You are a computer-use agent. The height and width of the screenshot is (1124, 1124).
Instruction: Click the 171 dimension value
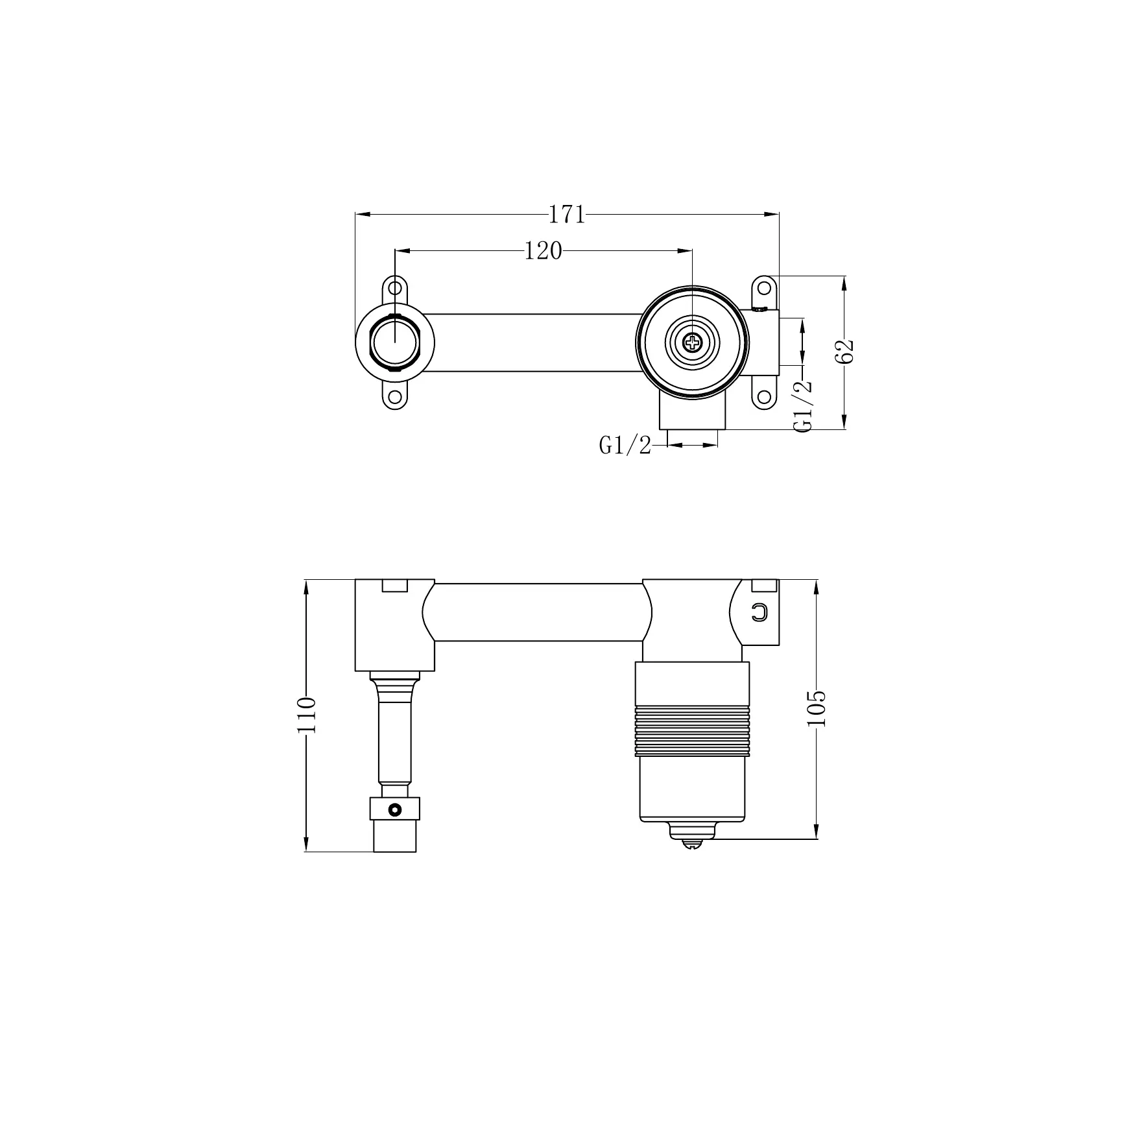point(567,214)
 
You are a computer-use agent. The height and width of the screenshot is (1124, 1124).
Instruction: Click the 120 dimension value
point(543,251)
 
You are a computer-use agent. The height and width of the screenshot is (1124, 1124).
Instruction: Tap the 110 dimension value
point(306,715)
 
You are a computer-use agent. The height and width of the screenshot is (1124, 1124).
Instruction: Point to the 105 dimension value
point(818,708)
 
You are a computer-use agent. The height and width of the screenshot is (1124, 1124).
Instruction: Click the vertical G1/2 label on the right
point(803,406)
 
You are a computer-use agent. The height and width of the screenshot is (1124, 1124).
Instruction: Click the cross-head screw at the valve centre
point(693,342)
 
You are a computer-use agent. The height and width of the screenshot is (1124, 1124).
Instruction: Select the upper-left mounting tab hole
point(394,288)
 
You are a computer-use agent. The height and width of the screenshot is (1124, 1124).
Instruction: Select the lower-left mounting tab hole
point(394,397)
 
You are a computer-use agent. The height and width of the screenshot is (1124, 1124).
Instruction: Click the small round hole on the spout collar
point(393,809)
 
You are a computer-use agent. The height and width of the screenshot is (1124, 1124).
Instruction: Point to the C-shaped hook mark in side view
point(759,612)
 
